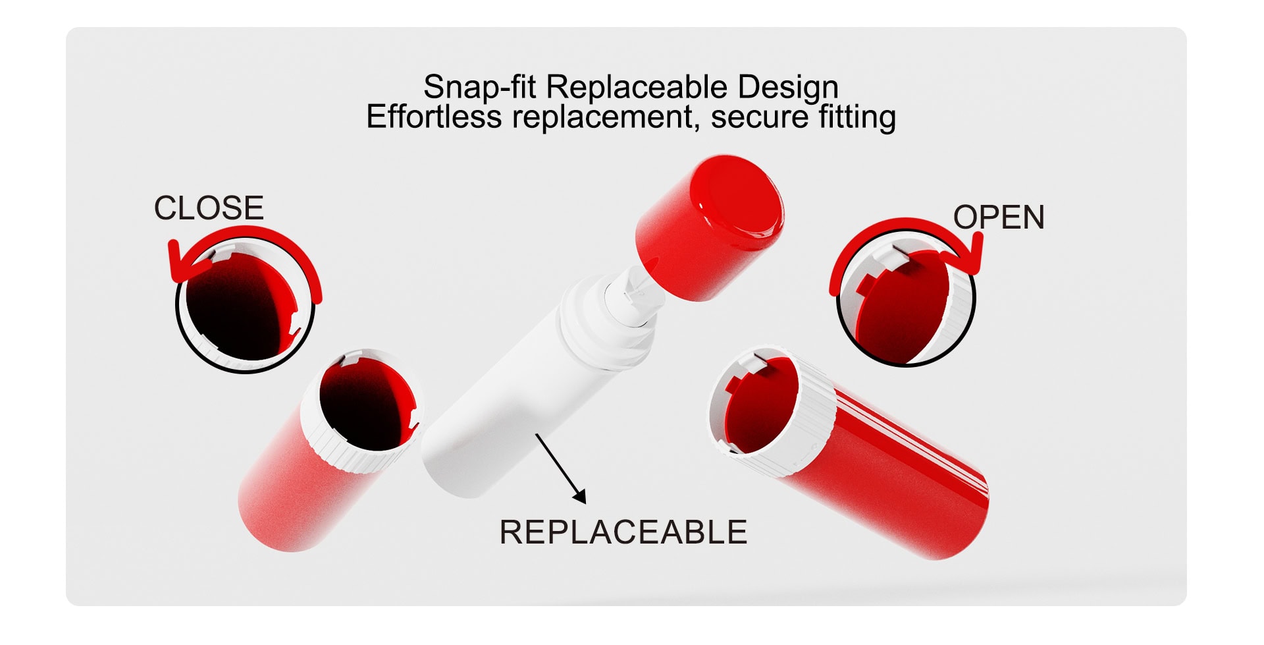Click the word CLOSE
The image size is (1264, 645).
point(209,208)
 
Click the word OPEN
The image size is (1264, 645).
point(999,217)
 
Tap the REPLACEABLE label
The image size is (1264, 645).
point(623,532)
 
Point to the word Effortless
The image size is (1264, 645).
point(434,117)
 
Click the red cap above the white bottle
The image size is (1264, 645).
point(709,228)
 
